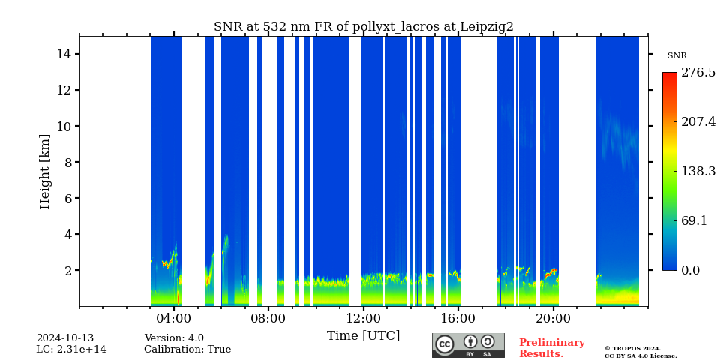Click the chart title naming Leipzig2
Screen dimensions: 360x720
pyautogui.click(x=364, y=27)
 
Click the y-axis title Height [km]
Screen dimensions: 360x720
pyautogui.click(x=45, y=171)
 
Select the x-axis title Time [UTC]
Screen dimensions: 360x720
pyautogui.click(x=363, y=335)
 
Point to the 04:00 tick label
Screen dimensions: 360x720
pyautogui.click(x=174, y=318)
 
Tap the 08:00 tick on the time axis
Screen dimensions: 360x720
pyautogui.click(x=268, y=318)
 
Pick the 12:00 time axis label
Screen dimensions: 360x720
pyautogui.click(x=363, y=318)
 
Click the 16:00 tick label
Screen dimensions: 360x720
pyautogui.click(x=458, y=318)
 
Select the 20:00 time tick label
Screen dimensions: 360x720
pyautogui.click(x=553, y=318)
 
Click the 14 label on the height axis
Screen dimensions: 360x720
pyautogui.click(x=64, y=54)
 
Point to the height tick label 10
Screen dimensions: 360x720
pyautogui.click(x=64, y=126)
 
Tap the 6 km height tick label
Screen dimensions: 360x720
pyautogui.click(x=67, y=198)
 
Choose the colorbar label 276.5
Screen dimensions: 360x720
pyautogui.click(x=697, y=73)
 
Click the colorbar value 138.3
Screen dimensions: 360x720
pyautogui.click(x=697, y=171)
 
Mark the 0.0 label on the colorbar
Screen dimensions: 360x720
pyautogui.click(x=690, y=270)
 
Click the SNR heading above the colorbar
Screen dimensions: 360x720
pyautogui.click(x=676, y=56)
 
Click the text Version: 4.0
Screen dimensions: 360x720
pyautogui.click(x=174, y=338)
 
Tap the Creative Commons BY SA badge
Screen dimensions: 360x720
pyautogui.click(x=468, y=345)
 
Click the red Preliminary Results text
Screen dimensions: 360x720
pyautogui.click(x=551, y=348)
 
